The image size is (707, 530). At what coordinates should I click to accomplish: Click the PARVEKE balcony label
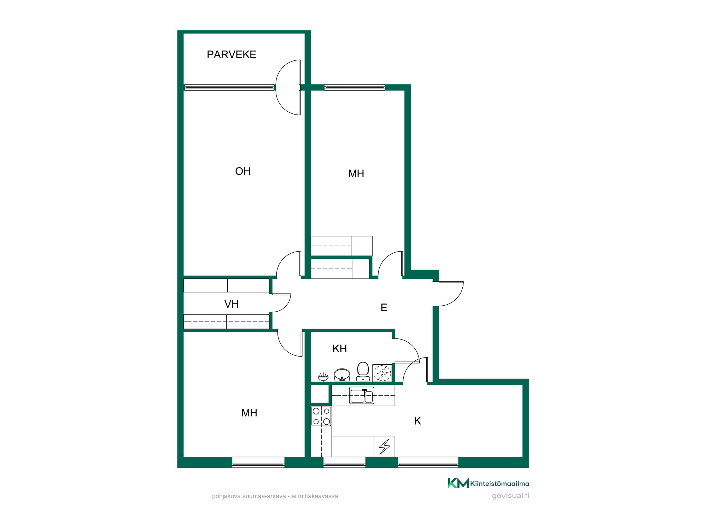[231, 54]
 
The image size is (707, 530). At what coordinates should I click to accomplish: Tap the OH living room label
[243, 171]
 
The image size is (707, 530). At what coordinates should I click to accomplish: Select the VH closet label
[232, 304]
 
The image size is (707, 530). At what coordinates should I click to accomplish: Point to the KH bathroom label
[340, 349]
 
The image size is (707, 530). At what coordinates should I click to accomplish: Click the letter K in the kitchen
[417, 421]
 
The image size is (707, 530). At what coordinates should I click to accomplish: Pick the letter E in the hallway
[384, 308]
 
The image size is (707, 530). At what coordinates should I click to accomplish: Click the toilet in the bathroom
[363, 372]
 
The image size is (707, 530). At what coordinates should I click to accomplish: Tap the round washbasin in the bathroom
[342, 375]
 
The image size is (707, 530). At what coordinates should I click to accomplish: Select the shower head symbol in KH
[323, 377]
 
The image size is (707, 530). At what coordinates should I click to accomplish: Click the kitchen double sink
[362, 395]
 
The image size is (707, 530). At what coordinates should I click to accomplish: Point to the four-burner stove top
[321, 416]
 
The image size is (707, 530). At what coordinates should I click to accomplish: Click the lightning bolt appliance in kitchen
[385, 446]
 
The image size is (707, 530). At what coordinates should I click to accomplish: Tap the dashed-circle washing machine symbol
[382, 373]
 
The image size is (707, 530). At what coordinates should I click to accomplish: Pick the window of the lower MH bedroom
[258, 463]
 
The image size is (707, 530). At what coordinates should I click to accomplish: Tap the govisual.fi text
[510, 495]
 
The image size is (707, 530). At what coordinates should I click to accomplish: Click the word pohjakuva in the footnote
[227, 496]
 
